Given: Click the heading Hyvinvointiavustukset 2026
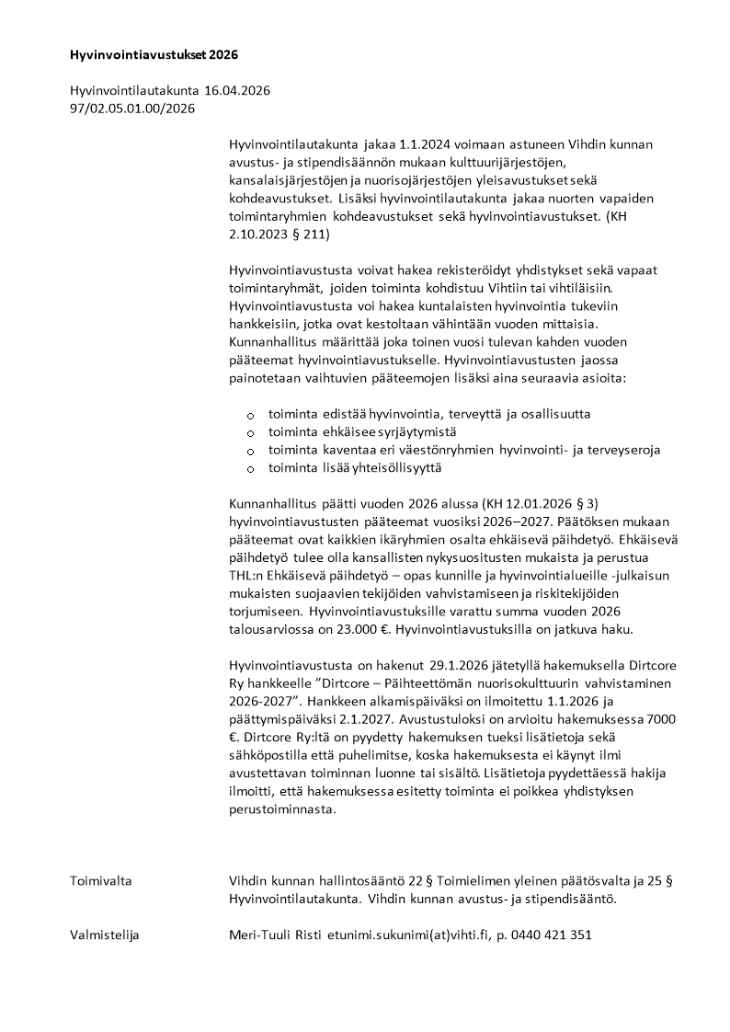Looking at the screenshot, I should [x=154, y=55].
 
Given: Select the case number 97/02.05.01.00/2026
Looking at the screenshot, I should [x=132, y=109].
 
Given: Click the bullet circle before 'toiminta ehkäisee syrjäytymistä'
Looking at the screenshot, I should [x=251, y=432].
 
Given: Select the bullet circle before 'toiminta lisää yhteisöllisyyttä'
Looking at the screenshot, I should [x=251, y=469].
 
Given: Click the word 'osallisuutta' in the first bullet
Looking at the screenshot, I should [x=557, y=414].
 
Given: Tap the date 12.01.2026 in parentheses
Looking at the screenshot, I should [x=528, y=503].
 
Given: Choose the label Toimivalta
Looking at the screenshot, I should [x=101, y=881].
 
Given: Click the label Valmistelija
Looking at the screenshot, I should [x=105, y=935].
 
